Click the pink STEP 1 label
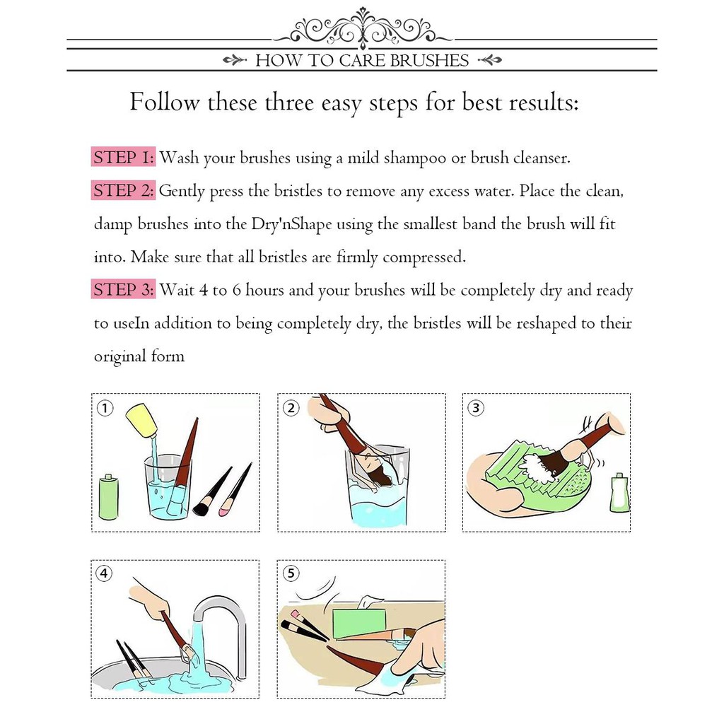123,158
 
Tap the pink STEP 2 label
123,190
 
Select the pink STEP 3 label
123,289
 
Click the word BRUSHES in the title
429,61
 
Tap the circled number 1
105,408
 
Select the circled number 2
291,408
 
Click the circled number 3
476,408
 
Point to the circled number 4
105,573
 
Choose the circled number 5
291,573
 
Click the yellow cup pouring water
141,420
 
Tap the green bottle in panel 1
109,497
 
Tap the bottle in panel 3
619,492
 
